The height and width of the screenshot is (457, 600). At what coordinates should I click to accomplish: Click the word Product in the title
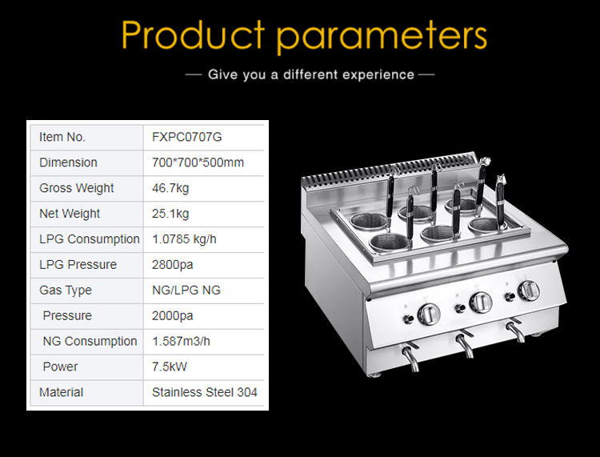194,34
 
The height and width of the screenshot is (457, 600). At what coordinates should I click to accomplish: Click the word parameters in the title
382,36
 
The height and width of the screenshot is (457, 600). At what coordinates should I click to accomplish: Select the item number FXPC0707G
186,137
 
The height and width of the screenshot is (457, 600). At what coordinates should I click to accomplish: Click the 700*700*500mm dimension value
198,162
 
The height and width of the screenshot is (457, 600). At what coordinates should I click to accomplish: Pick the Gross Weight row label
77,188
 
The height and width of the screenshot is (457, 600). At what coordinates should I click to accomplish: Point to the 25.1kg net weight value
170,214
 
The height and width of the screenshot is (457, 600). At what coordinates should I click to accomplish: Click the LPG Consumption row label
90,239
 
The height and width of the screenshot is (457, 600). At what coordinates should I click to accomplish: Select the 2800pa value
172,265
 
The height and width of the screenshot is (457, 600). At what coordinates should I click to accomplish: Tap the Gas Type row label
66,291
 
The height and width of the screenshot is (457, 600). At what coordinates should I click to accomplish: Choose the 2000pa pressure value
172,316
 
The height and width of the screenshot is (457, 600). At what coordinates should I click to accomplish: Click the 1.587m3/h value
181,342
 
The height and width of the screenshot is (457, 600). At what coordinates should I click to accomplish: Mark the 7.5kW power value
170,367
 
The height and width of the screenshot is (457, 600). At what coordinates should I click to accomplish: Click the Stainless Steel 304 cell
204,392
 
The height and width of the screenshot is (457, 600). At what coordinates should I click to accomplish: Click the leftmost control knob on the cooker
429,315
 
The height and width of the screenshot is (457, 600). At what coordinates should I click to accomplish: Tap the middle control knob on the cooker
481,303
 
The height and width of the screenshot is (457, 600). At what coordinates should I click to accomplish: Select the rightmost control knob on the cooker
529,291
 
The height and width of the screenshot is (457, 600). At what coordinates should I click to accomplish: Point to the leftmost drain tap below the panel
410,358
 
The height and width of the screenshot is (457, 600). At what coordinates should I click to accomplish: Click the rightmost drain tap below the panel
515,331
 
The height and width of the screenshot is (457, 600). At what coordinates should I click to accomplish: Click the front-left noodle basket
389,243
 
